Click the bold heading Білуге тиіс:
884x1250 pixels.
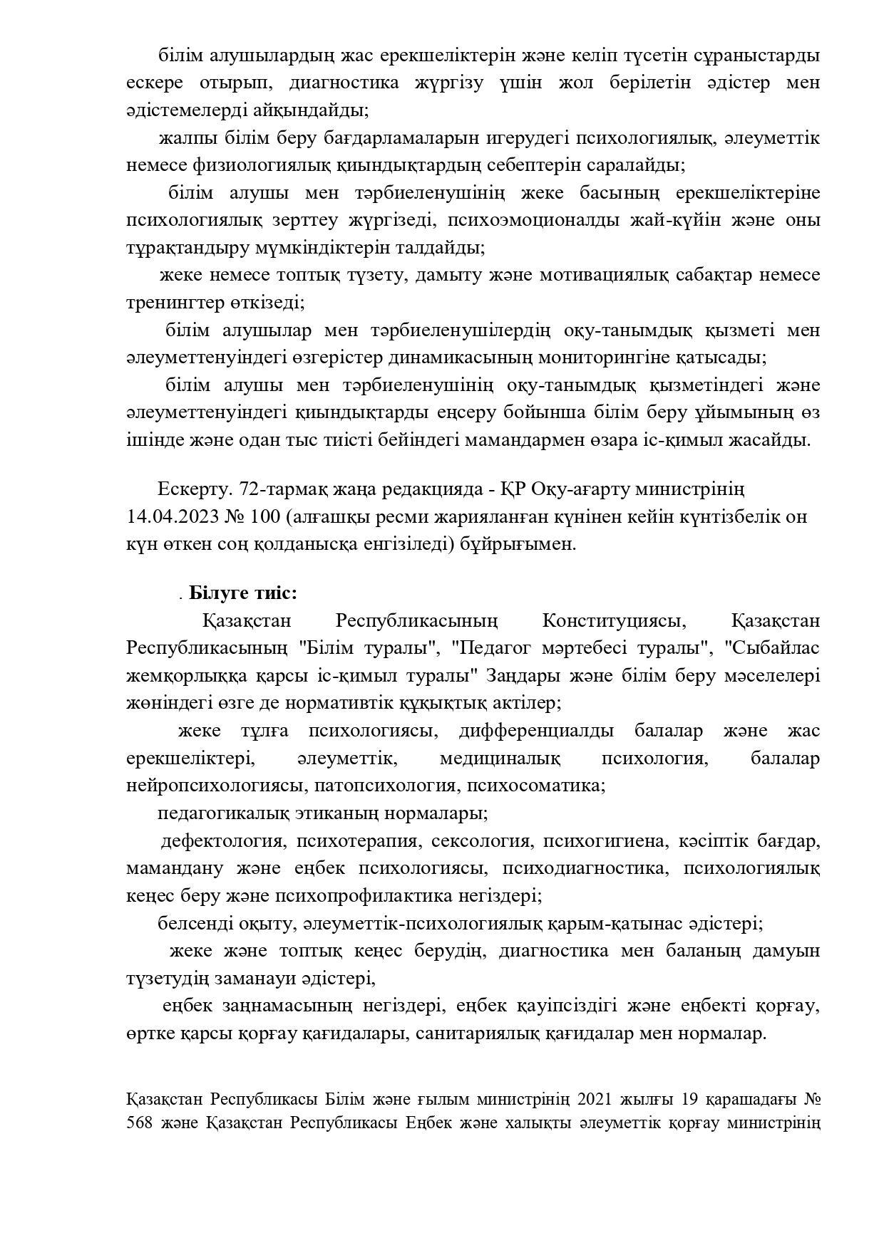click(243, 593)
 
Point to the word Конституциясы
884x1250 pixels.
click(614, 620)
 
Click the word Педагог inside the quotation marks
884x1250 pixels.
click(491, 648)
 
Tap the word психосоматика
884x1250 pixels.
click(538, 786)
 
